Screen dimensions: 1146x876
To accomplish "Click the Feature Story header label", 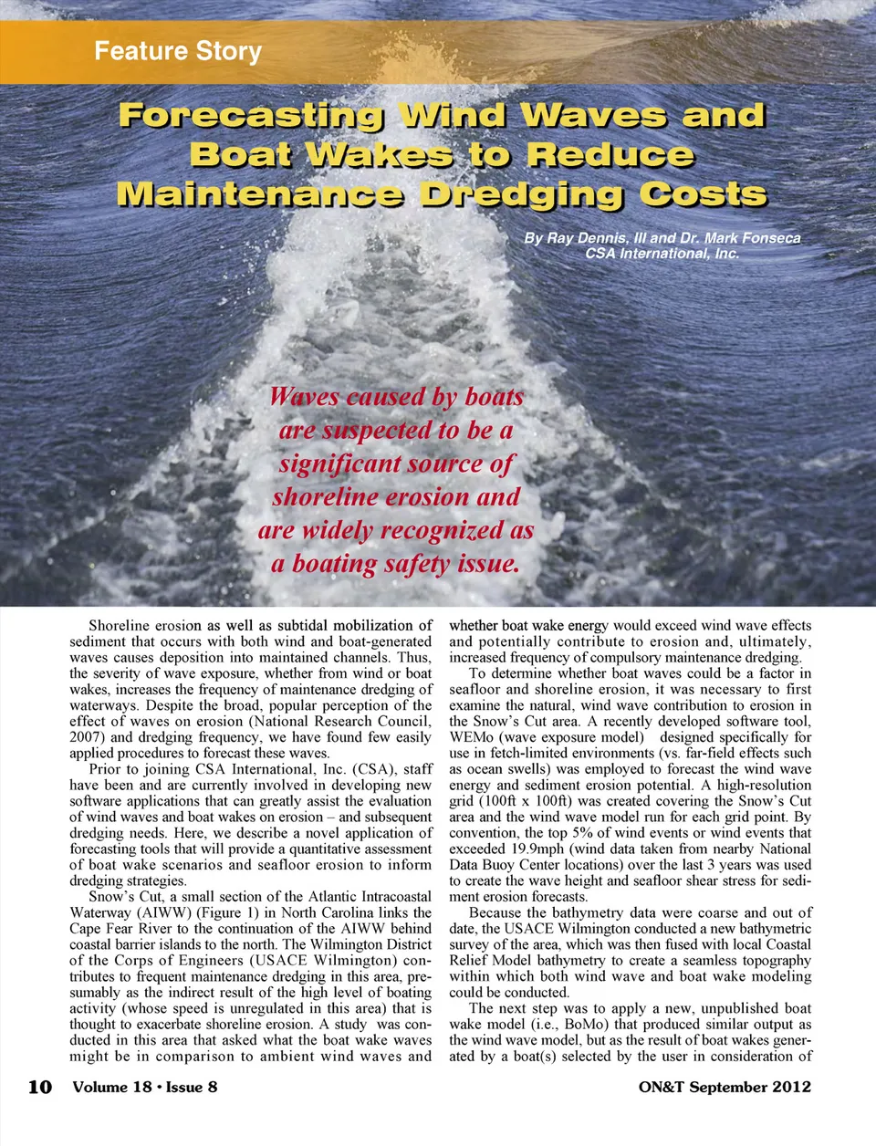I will coord(178,51).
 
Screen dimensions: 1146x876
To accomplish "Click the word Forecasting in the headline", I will coord(251,116).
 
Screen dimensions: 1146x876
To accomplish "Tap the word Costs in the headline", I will coord(703,194).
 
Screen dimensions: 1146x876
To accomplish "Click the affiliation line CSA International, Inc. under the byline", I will coord(662,253).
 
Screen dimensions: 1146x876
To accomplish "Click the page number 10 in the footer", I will coord(39,1087).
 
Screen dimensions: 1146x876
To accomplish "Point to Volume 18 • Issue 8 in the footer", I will coord(145,1087).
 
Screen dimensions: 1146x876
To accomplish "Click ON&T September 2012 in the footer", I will coord(725,1087).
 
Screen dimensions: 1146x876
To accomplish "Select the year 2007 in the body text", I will coord(87,737).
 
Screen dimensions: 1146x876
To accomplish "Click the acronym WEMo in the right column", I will coord(471,737).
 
